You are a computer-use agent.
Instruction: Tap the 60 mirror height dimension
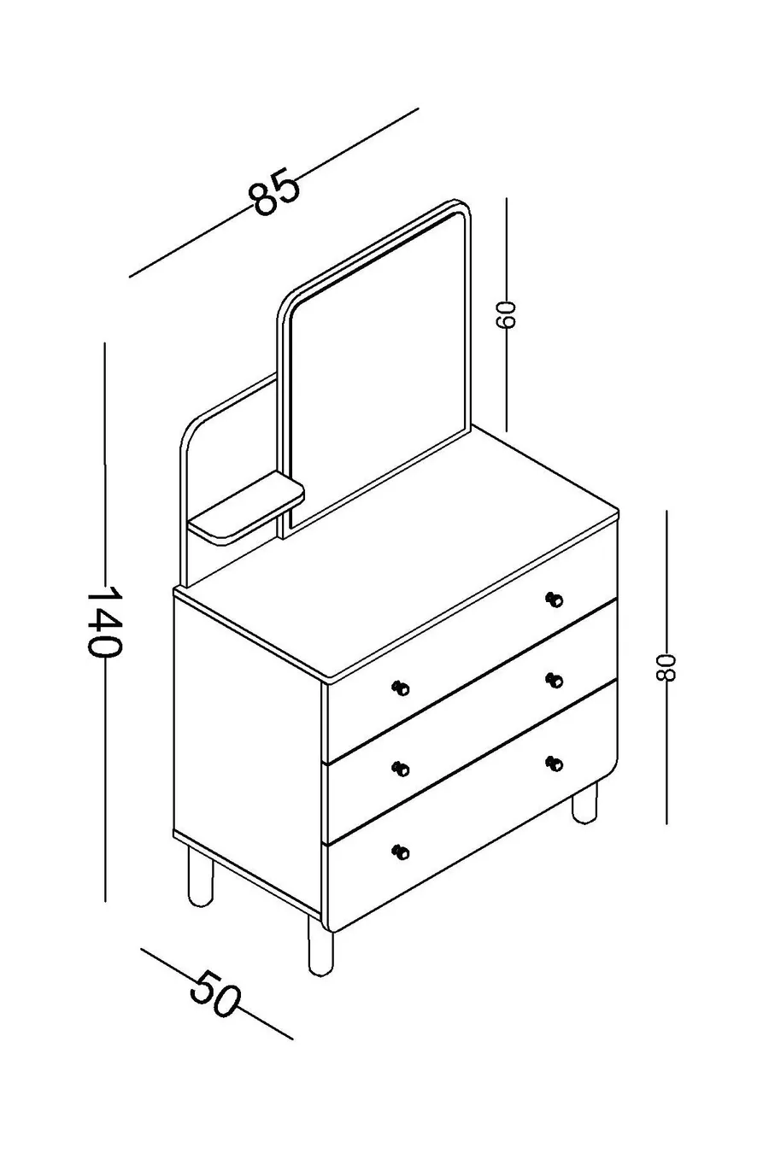point(505,314)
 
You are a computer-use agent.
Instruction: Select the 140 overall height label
point(104,622)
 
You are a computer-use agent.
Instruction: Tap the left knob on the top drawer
point(400,688)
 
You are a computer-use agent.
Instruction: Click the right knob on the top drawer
point(555,600)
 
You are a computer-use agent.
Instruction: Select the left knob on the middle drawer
point(400,769)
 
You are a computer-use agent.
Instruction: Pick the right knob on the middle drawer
point(555,681)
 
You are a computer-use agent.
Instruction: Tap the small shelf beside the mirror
point(247,508)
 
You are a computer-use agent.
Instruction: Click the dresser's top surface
point(396,552)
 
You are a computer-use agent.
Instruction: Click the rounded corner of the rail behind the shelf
point(191,431)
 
